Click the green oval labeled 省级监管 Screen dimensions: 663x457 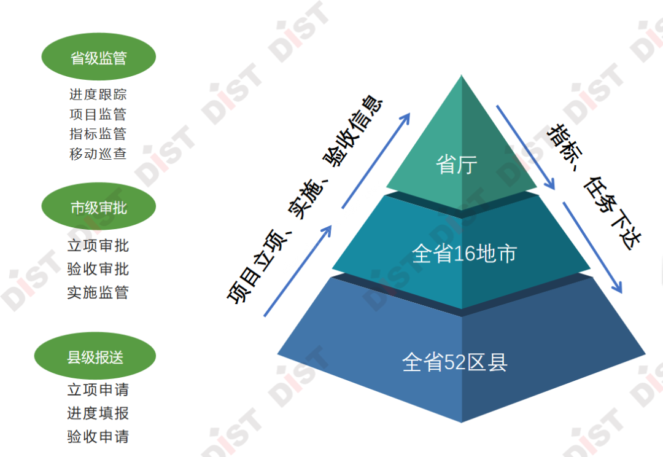(x=98, y=58)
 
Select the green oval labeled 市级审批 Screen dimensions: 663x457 (x=98, y=208)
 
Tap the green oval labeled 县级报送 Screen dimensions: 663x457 (x=95, y=357)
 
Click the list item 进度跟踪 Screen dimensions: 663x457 (x=98, y=95)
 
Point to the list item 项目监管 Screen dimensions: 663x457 (x=98, y=114)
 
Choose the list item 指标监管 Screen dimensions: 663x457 (x=98, y=134)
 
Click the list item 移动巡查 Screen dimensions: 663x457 (x=98, y=154)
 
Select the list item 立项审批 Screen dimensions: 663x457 (x=98, y=246)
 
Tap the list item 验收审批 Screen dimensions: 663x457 (x=98, y=269)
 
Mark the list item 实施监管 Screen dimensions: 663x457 (x=98, y=292)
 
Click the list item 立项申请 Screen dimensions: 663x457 (x=98, y=389)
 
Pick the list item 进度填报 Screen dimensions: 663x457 (x=98, y=413)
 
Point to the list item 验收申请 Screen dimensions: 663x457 (x=98, y=437)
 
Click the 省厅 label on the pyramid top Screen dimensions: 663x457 (x=457, y=165)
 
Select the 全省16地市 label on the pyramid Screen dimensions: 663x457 (x=464, y=254)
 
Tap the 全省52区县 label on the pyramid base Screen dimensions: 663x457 (x=455, y=362)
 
